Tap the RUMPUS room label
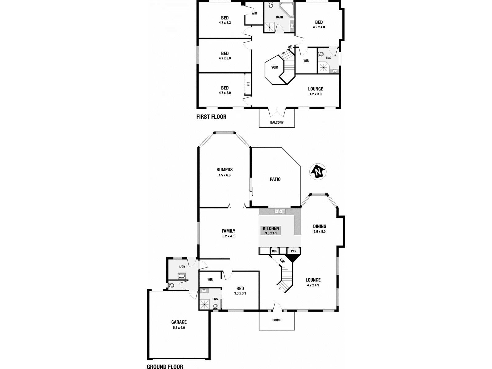click(x=224, y=169)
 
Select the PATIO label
click(x=275, y=179)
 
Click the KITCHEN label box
click(x=271, y=231)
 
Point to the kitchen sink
click(x=280, y=211)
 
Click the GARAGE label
click(x=179, y=322)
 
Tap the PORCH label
click(x=277, y=320)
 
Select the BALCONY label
click(x=277, y=122)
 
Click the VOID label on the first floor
click(x=275, y=67)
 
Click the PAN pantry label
click(x=294, y=251)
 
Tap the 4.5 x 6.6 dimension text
click(x=224, y=175)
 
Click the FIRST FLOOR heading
click(x=211, y=117)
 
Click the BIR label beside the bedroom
click(x=248, y=84)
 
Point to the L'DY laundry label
click(x=182, y=267)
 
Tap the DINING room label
click(x=319, y=226)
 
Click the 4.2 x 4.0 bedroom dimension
click(x=319, y=27)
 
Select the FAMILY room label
click(x=228, y=231)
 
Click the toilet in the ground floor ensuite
click(x=215, y=306)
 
